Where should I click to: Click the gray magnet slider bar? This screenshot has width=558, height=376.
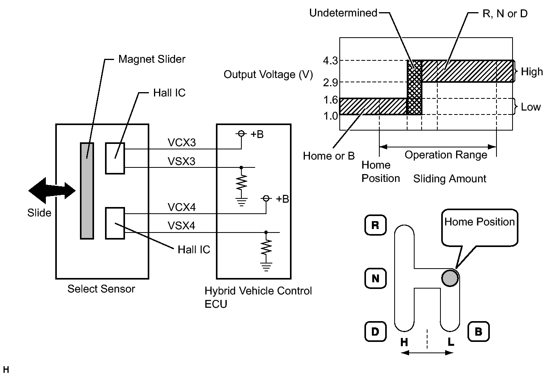87,191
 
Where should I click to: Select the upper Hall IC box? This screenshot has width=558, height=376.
115,158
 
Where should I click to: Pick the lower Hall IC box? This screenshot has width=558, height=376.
115,223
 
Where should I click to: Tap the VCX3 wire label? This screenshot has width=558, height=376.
181,143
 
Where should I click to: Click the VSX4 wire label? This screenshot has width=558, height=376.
181,225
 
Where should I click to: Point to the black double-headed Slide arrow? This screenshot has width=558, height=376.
52,191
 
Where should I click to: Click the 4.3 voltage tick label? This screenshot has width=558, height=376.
330,60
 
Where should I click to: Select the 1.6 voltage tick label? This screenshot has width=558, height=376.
330,100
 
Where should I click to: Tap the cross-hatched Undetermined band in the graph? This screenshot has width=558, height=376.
415,87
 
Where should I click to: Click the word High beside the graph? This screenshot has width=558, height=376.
532,71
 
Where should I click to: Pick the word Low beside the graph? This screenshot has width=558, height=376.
531,107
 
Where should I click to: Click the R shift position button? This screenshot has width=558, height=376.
375,225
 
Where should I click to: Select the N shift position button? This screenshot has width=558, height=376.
375,278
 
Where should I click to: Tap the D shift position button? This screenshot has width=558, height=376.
375,331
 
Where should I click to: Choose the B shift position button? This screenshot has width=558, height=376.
478,331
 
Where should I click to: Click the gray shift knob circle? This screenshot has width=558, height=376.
450,278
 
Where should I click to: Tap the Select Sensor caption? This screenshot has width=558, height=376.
101,289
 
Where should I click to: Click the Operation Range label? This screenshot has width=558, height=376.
446,155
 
